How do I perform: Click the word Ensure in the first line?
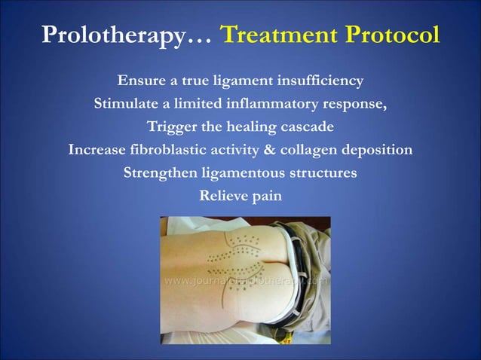tap(141, 81)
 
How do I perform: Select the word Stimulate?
tap(125, 104)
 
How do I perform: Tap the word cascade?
tap(305, 127)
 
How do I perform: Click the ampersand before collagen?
tap(268, 150)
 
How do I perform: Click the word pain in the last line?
tap(268, 196)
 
